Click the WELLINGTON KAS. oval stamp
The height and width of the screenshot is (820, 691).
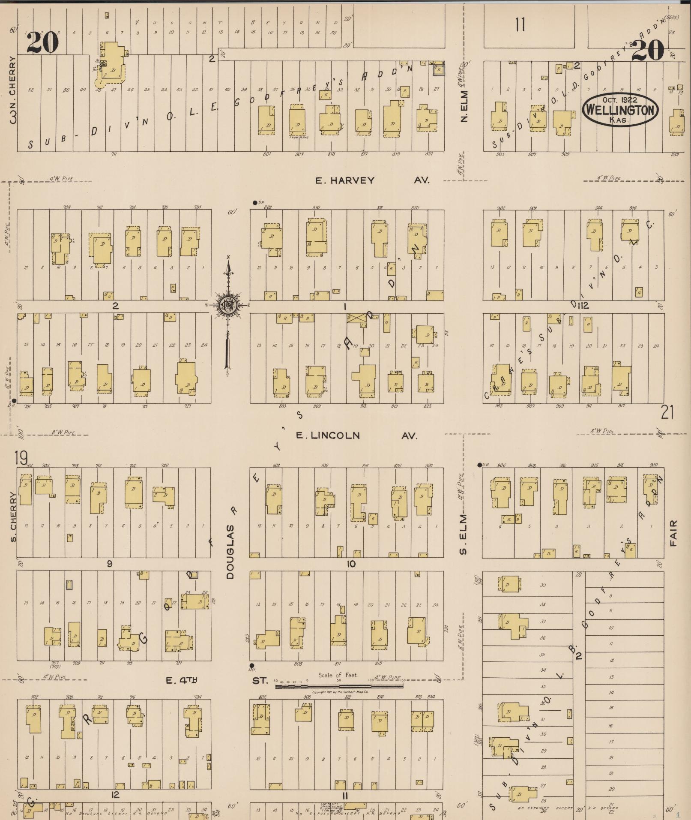(x=619, y=110)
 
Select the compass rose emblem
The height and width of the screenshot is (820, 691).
(x=227, y=305)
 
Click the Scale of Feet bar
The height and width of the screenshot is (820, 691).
(x=338, y=686)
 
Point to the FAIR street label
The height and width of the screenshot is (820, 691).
(x=673, y=533)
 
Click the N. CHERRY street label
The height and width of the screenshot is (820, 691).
(x=13, y=88)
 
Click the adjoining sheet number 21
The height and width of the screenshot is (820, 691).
(x=667, y=412)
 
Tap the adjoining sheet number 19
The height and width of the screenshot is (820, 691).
(x=21, y=458)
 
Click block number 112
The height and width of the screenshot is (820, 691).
(x=583, y=305)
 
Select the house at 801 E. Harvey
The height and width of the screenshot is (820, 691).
(x=266, y=120)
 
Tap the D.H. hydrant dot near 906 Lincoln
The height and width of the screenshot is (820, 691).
(x=480, y=465)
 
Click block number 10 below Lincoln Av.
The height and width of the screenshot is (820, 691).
(x=351, y=564)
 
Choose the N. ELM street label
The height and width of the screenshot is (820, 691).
(x=464, y=106)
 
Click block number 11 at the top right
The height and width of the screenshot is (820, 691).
(x=520, y=25)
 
